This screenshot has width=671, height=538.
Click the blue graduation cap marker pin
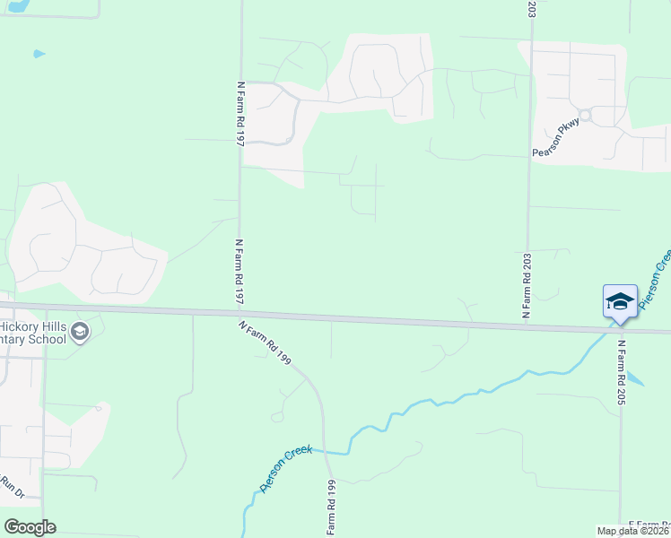[x=620, y=300]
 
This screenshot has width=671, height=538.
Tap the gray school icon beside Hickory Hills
[x=79, y=333]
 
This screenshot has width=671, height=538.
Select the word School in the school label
[x=46, y=339]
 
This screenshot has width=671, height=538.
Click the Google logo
[x=30, y=526]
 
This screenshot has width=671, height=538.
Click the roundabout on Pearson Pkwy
[x=585, y=115]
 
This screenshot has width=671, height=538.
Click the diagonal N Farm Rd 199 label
[x=266, y=343]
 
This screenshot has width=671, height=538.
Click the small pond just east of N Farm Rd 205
[x=635, y=378]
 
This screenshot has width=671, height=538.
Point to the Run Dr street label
[x=12, y=488]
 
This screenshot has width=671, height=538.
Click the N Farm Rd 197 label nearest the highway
[x=240, y=273]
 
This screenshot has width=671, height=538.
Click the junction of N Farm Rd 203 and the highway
[x=528, y=324]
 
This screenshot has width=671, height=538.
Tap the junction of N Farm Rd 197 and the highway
[x=240, y=314]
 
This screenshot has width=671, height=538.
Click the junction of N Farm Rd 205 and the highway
[x=620, y=329]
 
